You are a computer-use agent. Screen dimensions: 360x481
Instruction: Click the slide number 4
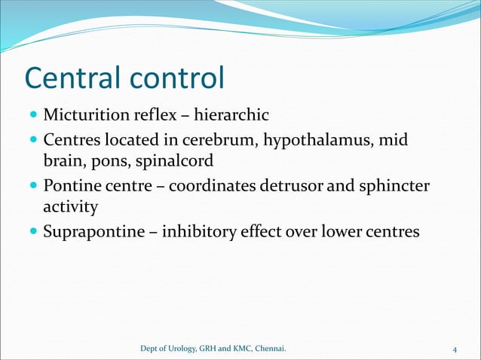(x=455, y=349)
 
